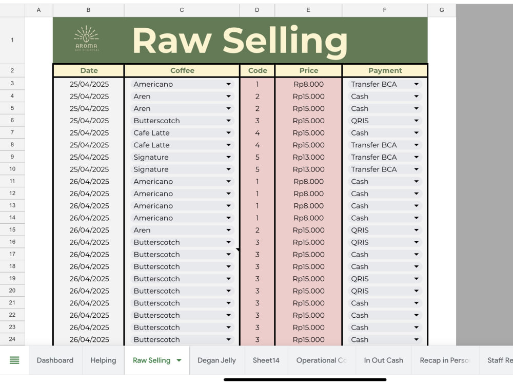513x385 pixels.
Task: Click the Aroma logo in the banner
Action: click(x=86, y=38)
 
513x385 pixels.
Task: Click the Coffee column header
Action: click(x=182, y=70)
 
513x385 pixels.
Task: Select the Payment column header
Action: click(x=385, y=70)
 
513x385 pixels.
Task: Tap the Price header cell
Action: click(x=308, y=70)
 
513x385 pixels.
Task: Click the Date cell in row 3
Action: click(x=89, y=84)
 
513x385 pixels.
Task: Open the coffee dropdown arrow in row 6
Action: click(x=228, y=121)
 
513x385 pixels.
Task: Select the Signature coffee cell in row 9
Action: click(x=182, y=157)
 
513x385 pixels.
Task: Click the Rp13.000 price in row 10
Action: click(x=308, y=169)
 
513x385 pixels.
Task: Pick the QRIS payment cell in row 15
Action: click(x=385, y=230)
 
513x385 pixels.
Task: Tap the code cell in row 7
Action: click(x=258, y=133)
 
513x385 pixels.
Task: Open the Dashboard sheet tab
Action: click(x=55, y=360)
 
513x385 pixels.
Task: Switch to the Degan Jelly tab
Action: click(x=216, y=360)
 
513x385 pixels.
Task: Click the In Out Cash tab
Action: click(x=383, y=360)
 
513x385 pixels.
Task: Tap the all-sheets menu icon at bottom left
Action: click(x=14, y=360)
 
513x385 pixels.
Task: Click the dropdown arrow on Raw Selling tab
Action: click(x=179, y=360)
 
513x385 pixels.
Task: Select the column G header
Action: click(x=442, y=10)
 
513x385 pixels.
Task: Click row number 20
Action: click(x=12, y=291)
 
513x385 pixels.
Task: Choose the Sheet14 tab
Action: click(x=266, y=360)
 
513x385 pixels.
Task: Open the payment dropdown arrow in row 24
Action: click(x=416, y=339)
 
